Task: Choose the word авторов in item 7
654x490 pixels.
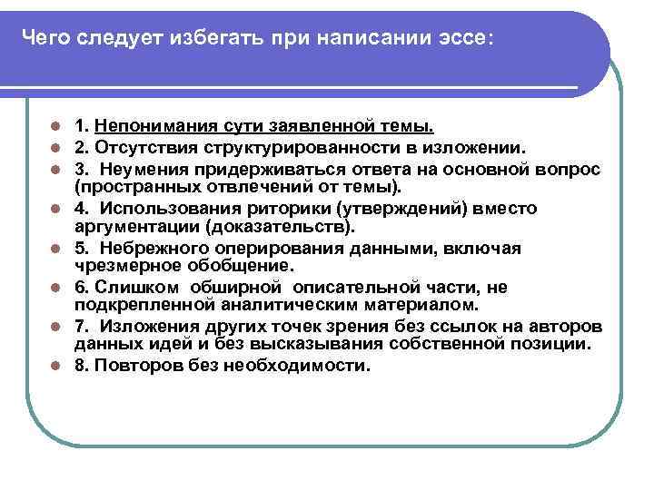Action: pyautogui.click(x=578, y=327)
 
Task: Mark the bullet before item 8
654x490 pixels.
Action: pyautogui.click(x=55, y=367)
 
